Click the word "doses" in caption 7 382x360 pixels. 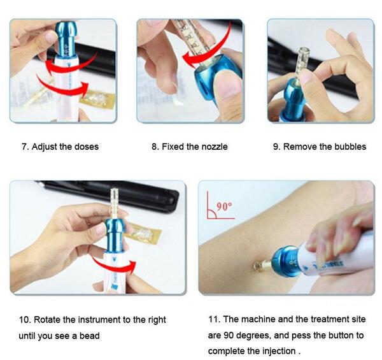pos(86,147)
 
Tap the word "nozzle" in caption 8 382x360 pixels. pos(215,147)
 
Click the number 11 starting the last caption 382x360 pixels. pos(213,319)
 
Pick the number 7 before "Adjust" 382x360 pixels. pos(25,147)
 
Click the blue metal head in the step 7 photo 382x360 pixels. pos(66,39)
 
